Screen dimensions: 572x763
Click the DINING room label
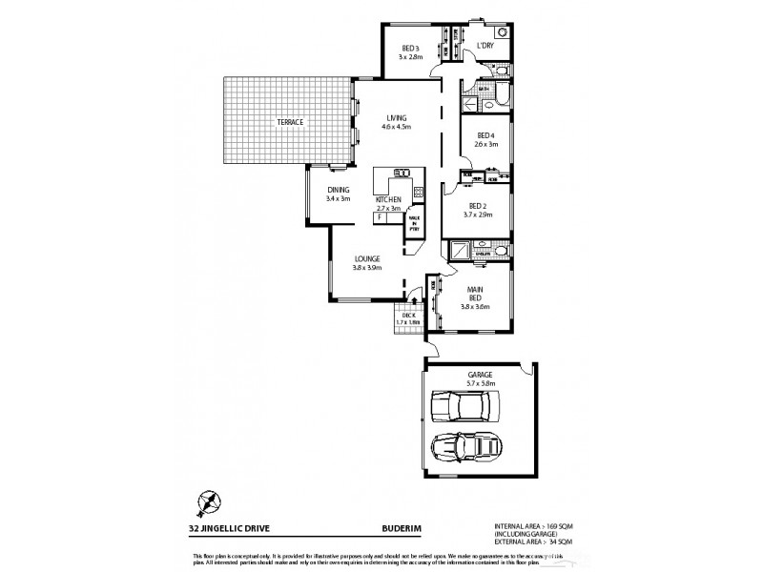(x=339, y=189)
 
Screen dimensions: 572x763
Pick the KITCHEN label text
(x=388, y=198)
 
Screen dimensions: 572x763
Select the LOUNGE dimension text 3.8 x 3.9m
(x=368, y=269)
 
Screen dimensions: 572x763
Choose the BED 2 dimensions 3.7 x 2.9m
(x=480, y=214)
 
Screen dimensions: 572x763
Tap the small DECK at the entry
(x=407, y=318)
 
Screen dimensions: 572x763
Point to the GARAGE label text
(x=480, y=375)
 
